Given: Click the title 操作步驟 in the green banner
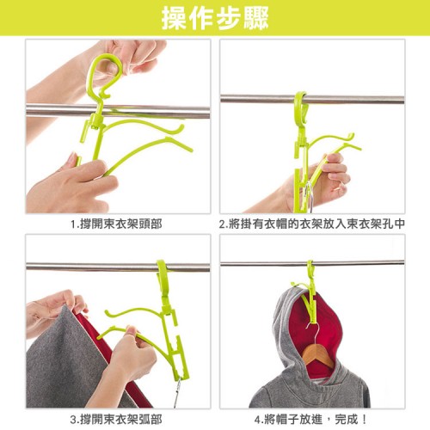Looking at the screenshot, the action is pos(215,18).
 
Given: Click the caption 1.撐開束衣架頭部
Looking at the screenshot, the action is pos(116,224).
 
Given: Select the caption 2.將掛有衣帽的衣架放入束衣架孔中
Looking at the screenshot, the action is pos(312,224).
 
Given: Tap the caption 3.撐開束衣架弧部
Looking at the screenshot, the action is pos(116,420).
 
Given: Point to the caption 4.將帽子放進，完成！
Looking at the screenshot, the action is pos(310,420).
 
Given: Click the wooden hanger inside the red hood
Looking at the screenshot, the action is pos(318,354).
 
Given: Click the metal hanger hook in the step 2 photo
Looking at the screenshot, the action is pos(309,195).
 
